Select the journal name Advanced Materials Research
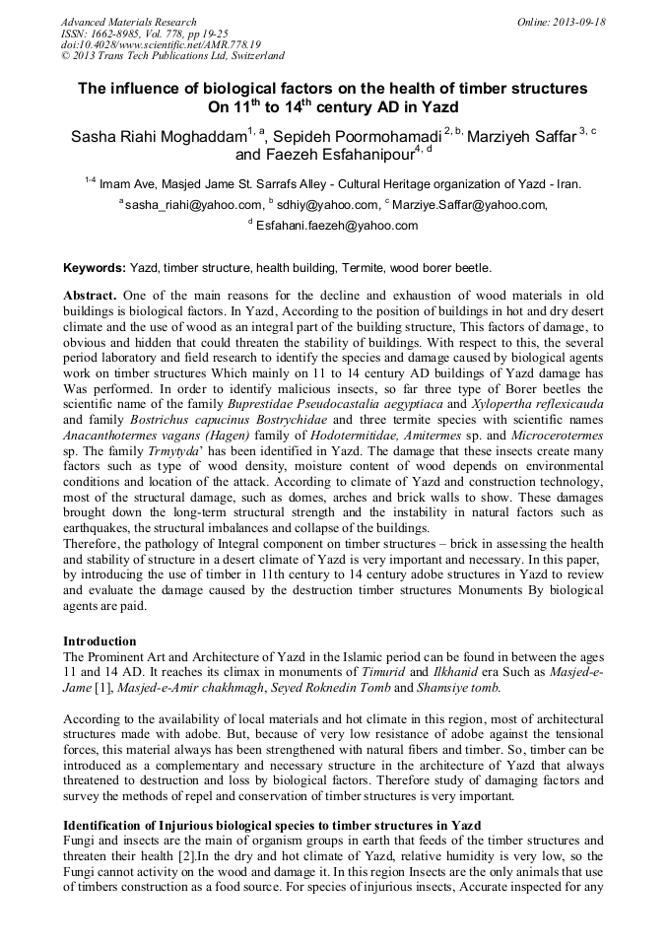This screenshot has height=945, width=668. [x=128, y=22]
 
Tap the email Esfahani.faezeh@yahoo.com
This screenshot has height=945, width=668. [x=337, y=226]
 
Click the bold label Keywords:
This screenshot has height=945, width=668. [x=95, y=268]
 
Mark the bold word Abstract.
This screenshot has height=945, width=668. [x=91, y=296]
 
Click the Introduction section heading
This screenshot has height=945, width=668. [x=100, y=641]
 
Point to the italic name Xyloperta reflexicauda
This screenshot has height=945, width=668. [x=537, y=405]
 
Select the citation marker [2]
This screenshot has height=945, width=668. [x=182, y=855]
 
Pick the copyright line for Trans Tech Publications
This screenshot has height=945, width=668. [x=172, y=57]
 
